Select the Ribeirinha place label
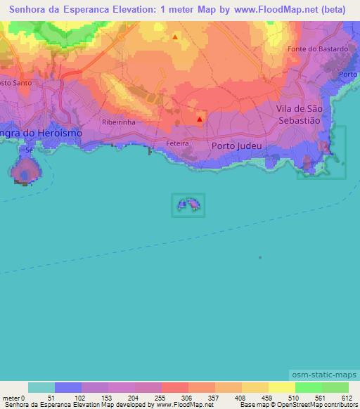[118, 122]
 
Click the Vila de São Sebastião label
[299, 114]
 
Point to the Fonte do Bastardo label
[318, 49]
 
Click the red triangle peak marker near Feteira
[200, 119]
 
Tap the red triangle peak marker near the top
[174, 37]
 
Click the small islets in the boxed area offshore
[188, 204]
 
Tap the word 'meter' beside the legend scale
[11, 398]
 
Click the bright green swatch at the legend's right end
[335, 387]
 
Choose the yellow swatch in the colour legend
[281, 387]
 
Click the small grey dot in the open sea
[260, 257]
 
